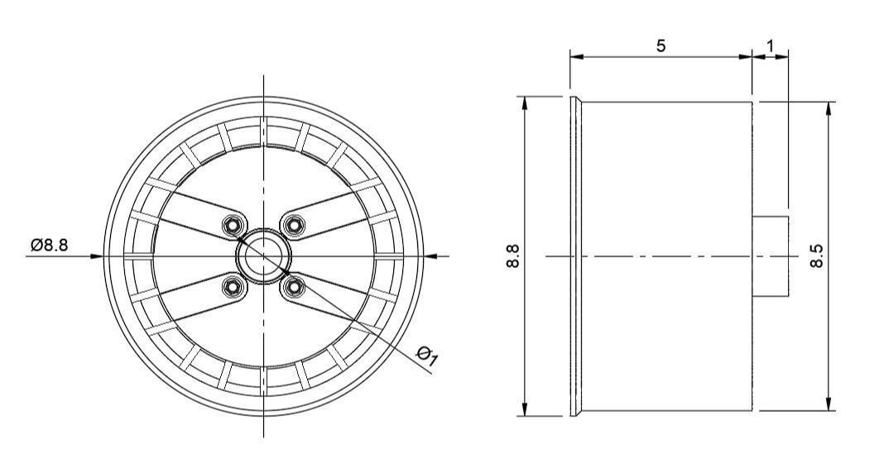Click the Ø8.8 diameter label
[x=50, y=246]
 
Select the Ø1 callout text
[x=428, y=356]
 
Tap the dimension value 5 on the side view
[x=661, y=45]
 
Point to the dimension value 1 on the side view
[x=770, y=45]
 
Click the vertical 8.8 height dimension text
[x=512, y=256]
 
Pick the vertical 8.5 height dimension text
[x=817, y=256]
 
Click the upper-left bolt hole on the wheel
[x=234, y=225]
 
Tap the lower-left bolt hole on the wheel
[x=233, y=285]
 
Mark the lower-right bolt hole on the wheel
[x=293, y=286]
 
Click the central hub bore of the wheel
[x=263, y=255]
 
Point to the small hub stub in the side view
[x=771, y=256]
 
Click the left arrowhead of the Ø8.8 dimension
[x=97, y=256]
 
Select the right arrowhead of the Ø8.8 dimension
[x=430, y=256]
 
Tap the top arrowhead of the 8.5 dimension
[x=829, y=108]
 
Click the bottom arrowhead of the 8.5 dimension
[x=829, y=404]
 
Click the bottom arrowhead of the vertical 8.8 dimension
[x=524, y=410]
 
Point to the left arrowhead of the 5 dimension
[x=576, y=57]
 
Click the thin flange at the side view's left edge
[x=574, y=256]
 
